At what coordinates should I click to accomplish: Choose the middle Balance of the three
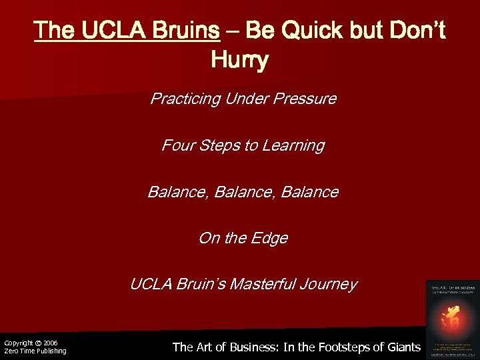point(243,192)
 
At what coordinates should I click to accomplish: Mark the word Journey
point(329,285)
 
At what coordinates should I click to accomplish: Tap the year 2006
point(51,343)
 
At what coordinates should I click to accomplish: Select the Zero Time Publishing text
point(35,351)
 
